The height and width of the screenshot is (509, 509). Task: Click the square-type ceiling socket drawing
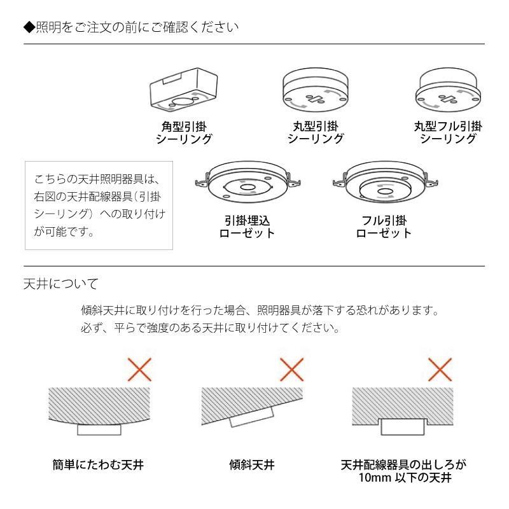[184, 90]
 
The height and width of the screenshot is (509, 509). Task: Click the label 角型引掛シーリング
[184, 132]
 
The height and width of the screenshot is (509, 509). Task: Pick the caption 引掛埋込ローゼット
[248, 227]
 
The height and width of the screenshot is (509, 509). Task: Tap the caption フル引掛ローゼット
[383, 227]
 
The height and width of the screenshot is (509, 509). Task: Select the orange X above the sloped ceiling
[291, 370]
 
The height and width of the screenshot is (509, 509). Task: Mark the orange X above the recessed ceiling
[442, 370]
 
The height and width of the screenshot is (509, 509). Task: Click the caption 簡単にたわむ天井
[99, 465]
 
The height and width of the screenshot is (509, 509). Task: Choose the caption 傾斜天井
[251, 465]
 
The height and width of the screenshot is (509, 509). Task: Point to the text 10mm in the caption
[372, 478]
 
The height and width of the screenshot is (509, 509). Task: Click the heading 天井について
[60, 282]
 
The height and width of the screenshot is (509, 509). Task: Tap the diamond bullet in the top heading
[27, 27]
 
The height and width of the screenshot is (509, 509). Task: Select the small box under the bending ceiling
[99, 430]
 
